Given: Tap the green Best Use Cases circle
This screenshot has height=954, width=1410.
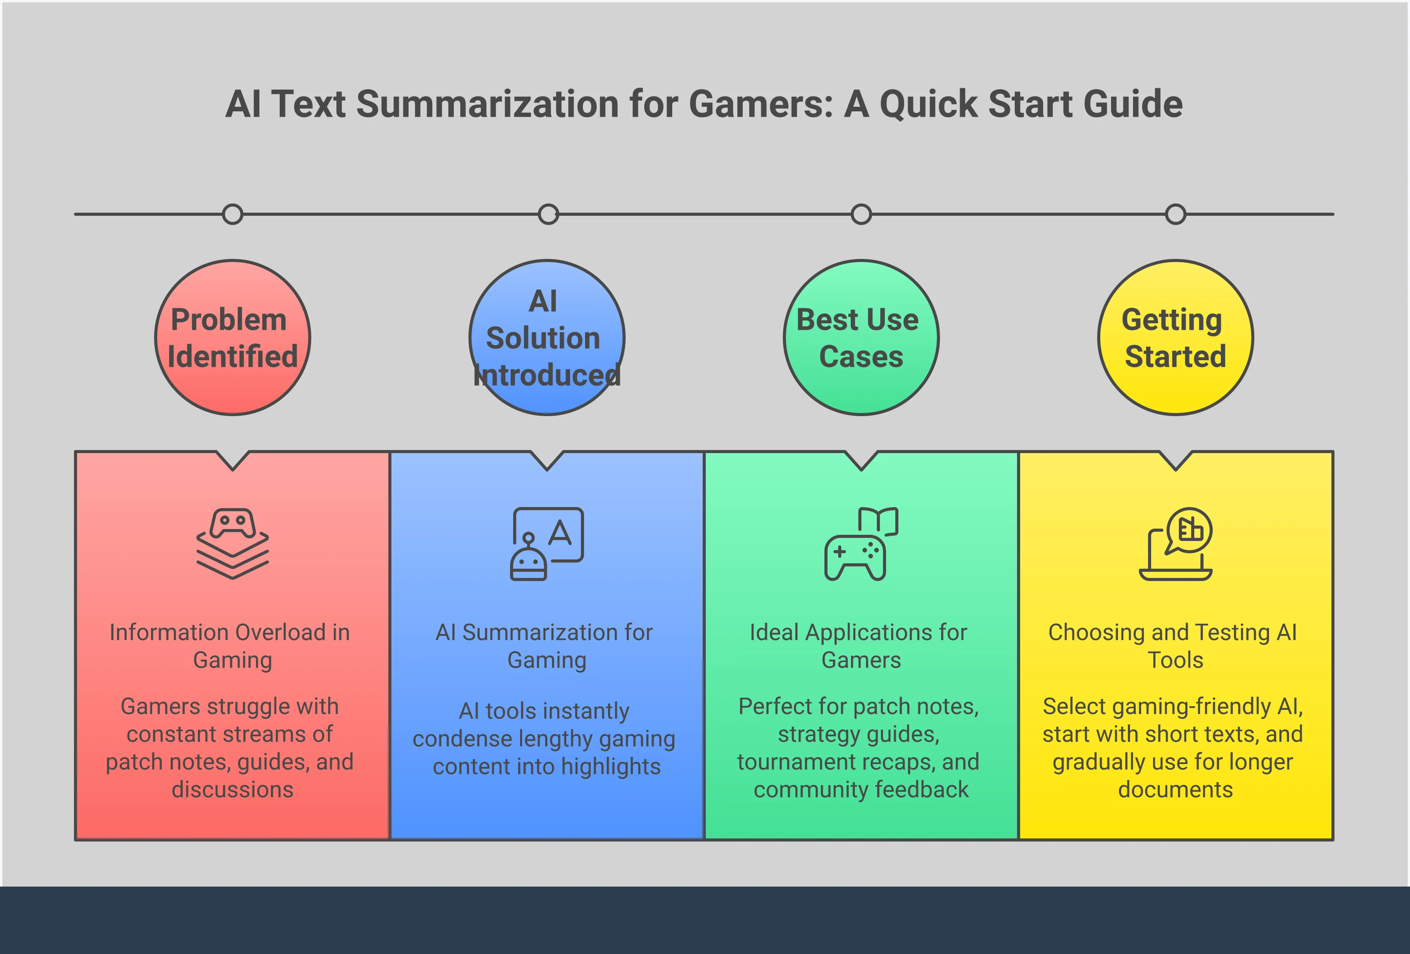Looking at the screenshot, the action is pyautogui.click(x=861, y=338).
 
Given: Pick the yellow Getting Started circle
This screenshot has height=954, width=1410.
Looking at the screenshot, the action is pyautogui.click(x=1175, y=338).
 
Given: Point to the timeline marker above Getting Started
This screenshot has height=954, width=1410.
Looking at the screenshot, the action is pyautogui.click(x=1175, y=214).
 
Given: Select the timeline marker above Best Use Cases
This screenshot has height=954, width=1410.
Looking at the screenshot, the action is pyautogui.click(x=861, y=214).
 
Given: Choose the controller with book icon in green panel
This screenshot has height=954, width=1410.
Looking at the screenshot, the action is pyautogui.click(x=861, y=544).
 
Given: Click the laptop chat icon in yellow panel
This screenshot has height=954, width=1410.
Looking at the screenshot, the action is pyautogui.click(x=1175, y=544).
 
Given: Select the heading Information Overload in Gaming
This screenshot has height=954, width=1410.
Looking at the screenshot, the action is pyautogui.click(x=230, y=646).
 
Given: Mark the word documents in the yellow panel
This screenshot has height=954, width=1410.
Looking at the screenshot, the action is pyautogui.click(x=1175, y=789).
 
